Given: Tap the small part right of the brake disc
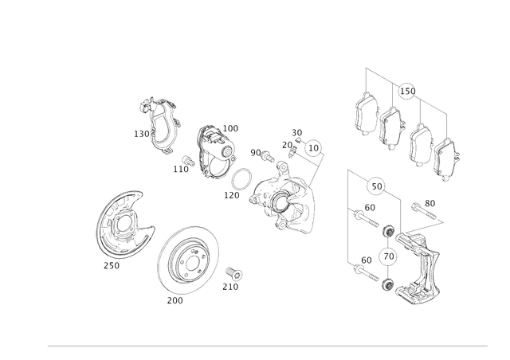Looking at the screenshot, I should (236, 276).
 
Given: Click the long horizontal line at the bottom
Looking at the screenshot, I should (268, 346).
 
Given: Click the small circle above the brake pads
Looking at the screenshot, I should (406, 88).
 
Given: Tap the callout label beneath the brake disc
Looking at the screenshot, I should (175, 302).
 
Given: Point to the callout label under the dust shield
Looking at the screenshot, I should (112, 266).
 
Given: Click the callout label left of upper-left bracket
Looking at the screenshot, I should (139, 135).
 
